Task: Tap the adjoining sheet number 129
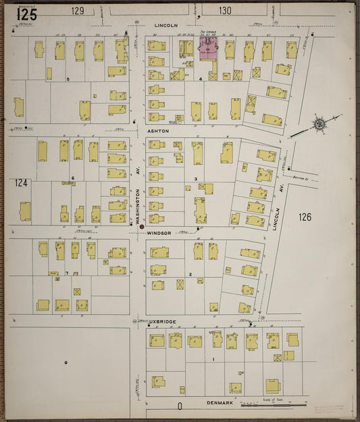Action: (78, 11)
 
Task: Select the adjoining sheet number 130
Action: (225, 11)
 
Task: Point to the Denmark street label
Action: (220, 403)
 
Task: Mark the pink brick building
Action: (208, 47)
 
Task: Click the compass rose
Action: (318, 125)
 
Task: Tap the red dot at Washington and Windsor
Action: (141, 227)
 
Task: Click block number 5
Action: (68, 79)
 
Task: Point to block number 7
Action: (67, 273)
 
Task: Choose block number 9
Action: (66, 363)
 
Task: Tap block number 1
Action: (213, 359)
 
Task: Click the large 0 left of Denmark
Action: (180, 406)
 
